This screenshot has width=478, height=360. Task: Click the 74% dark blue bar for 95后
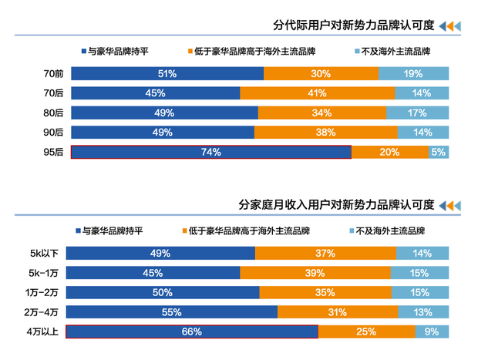tap(210, 153)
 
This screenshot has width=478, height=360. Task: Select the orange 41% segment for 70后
tap(317, 93)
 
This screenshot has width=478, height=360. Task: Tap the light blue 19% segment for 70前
tap(413, 74)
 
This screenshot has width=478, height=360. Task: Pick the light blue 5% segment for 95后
tap(439, 153)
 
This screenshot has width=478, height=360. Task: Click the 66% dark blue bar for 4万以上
tap(192, 332)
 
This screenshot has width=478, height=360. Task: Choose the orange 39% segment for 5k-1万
tap(315, 273)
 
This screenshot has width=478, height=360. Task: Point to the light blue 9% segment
tap(432, 332)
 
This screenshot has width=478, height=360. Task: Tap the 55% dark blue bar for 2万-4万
tap(172, 312)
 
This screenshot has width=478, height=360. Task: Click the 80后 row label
tap(53, 113)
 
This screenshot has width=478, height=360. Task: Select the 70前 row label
tap(53, 74)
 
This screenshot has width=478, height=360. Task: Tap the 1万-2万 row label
tap(44, 292)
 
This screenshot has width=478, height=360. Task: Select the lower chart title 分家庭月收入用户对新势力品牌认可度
tap(336, 205)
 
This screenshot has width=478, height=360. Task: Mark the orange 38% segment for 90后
tap(325, 133)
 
